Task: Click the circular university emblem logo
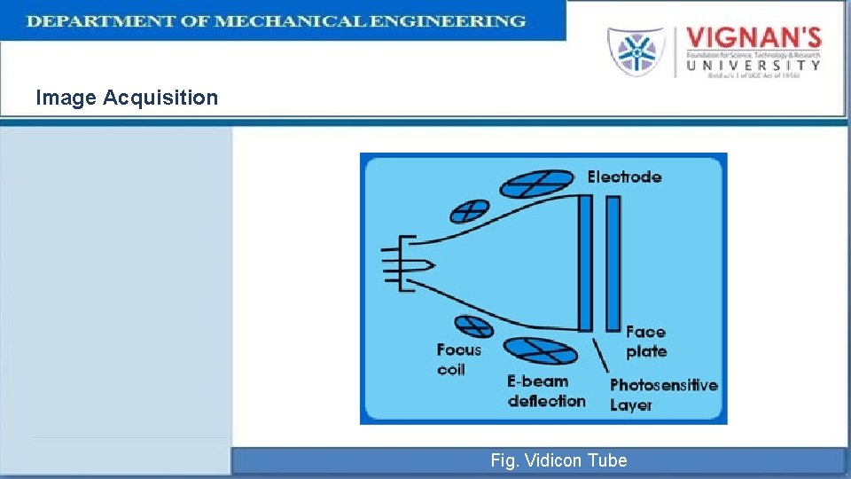pyautogui.click(x=636, y=51)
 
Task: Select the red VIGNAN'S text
pyautogui.click(x=753, y=40)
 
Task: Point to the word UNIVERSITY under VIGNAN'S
pyautogui.click(x=753, y=64)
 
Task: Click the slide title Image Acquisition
pyautogui.click(x=127, y=98)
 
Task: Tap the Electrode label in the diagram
pyautogui.click(x=624, y=177)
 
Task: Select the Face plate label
pyautogui.click(x=646, y=342)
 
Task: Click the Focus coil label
pyautogui.click(x=458, y=359)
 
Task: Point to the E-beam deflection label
pyautogui.click(x=546, y=391)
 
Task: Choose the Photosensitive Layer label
pyautogui.click(x=663, y=395)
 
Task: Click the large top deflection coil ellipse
pyautogui.click(x=536, y=183)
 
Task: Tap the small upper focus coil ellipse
pyautogui.click(x=469, y=211)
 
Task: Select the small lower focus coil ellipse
pyautogui.click(x=474, y=326)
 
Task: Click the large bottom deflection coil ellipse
pyautogui.click(x=540, y=350)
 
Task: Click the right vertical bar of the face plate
pyautogui.click(x=613, y=263)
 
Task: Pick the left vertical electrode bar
pyautogui.click(x=585, y=263)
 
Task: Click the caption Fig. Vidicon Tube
pyautogui.click(x=558, y=460)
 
